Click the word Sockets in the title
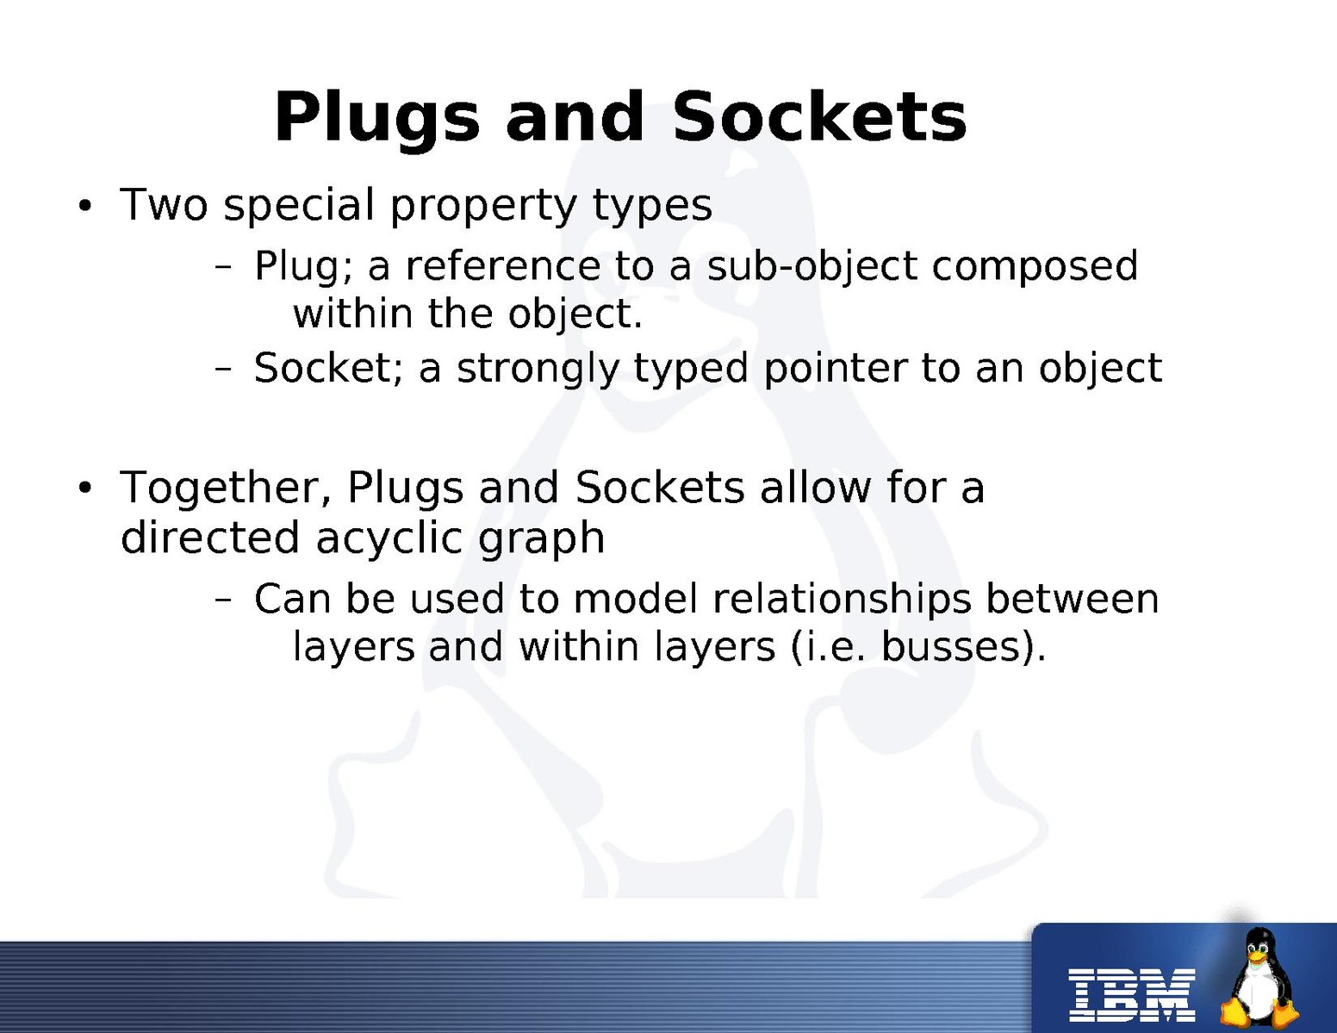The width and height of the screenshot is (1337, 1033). (819, 116)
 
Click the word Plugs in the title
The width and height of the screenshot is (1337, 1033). (376, 120)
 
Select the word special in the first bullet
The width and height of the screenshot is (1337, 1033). (299, 206)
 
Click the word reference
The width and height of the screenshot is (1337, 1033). (503, 266)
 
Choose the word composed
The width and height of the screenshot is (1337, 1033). (1035, 268)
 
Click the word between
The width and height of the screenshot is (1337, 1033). (1073, 599)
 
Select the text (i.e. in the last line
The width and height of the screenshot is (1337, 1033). (828, 648)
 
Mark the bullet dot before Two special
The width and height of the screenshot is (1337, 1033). (84, 206)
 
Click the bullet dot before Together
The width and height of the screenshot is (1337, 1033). (84, 488)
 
